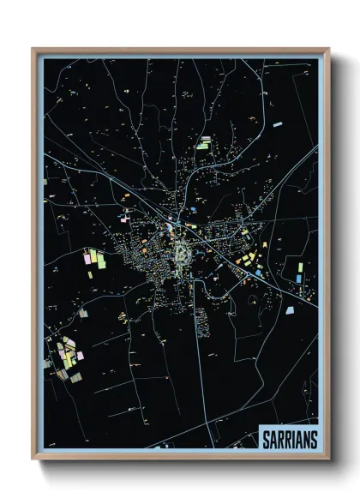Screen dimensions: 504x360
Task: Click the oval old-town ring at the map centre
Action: point(183,252)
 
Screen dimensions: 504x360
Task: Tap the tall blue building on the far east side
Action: point(298,273)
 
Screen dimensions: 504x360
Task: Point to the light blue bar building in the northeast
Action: point(277,126)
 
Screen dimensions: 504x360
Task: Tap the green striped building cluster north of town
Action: point(204,143)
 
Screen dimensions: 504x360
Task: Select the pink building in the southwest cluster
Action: point(79,354)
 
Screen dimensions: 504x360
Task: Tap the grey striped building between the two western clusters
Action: point(83,313)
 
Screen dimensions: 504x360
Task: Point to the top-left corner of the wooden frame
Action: point(33,49)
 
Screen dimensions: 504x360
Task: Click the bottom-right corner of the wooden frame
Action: point(328,459)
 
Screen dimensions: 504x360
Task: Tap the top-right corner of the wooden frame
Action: point(328,49)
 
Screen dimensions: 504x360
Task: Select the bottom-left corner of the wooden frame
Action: point(33,459)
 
